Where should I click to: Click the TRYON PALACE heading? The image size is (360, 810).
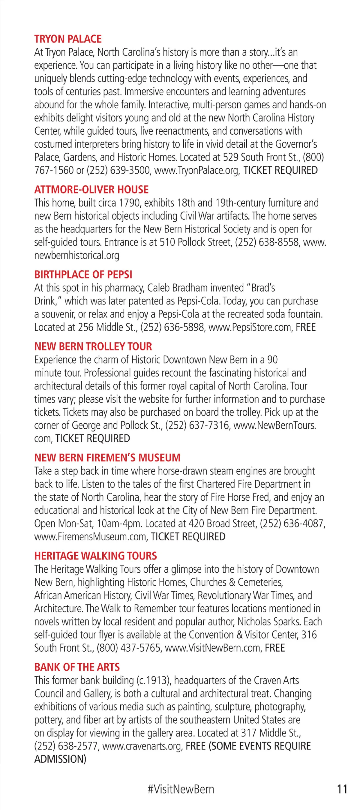[x=68, y=39]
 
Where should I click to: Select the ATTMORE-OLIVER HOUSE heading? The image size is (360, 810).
[x=91, y=190]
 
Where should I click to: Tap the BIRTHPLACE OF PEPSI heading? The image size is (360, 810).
[x=83, y=274]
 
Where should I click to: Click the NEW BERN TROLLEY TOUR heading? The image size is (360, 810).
[x=93, y=346]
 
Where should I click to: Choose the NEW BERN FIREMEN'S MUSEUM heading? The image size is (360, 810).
[x=107, y=457]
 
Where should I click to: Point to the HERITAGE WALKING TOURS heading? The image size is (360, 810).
[x=95, y=556]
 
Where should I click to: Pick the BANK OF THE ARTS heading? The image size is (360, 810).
[x=77, y=667]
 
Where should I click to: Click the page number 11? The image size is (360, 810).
[x=342, y=789]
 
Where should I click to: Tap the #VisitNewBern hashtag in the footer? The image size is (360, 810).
[x=181, y=789]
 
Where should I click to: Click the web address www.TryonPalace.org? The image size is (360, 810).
[x=197, y=170]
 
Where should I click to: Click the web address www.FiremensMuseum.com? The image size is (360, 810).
[x=90, y=536]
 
